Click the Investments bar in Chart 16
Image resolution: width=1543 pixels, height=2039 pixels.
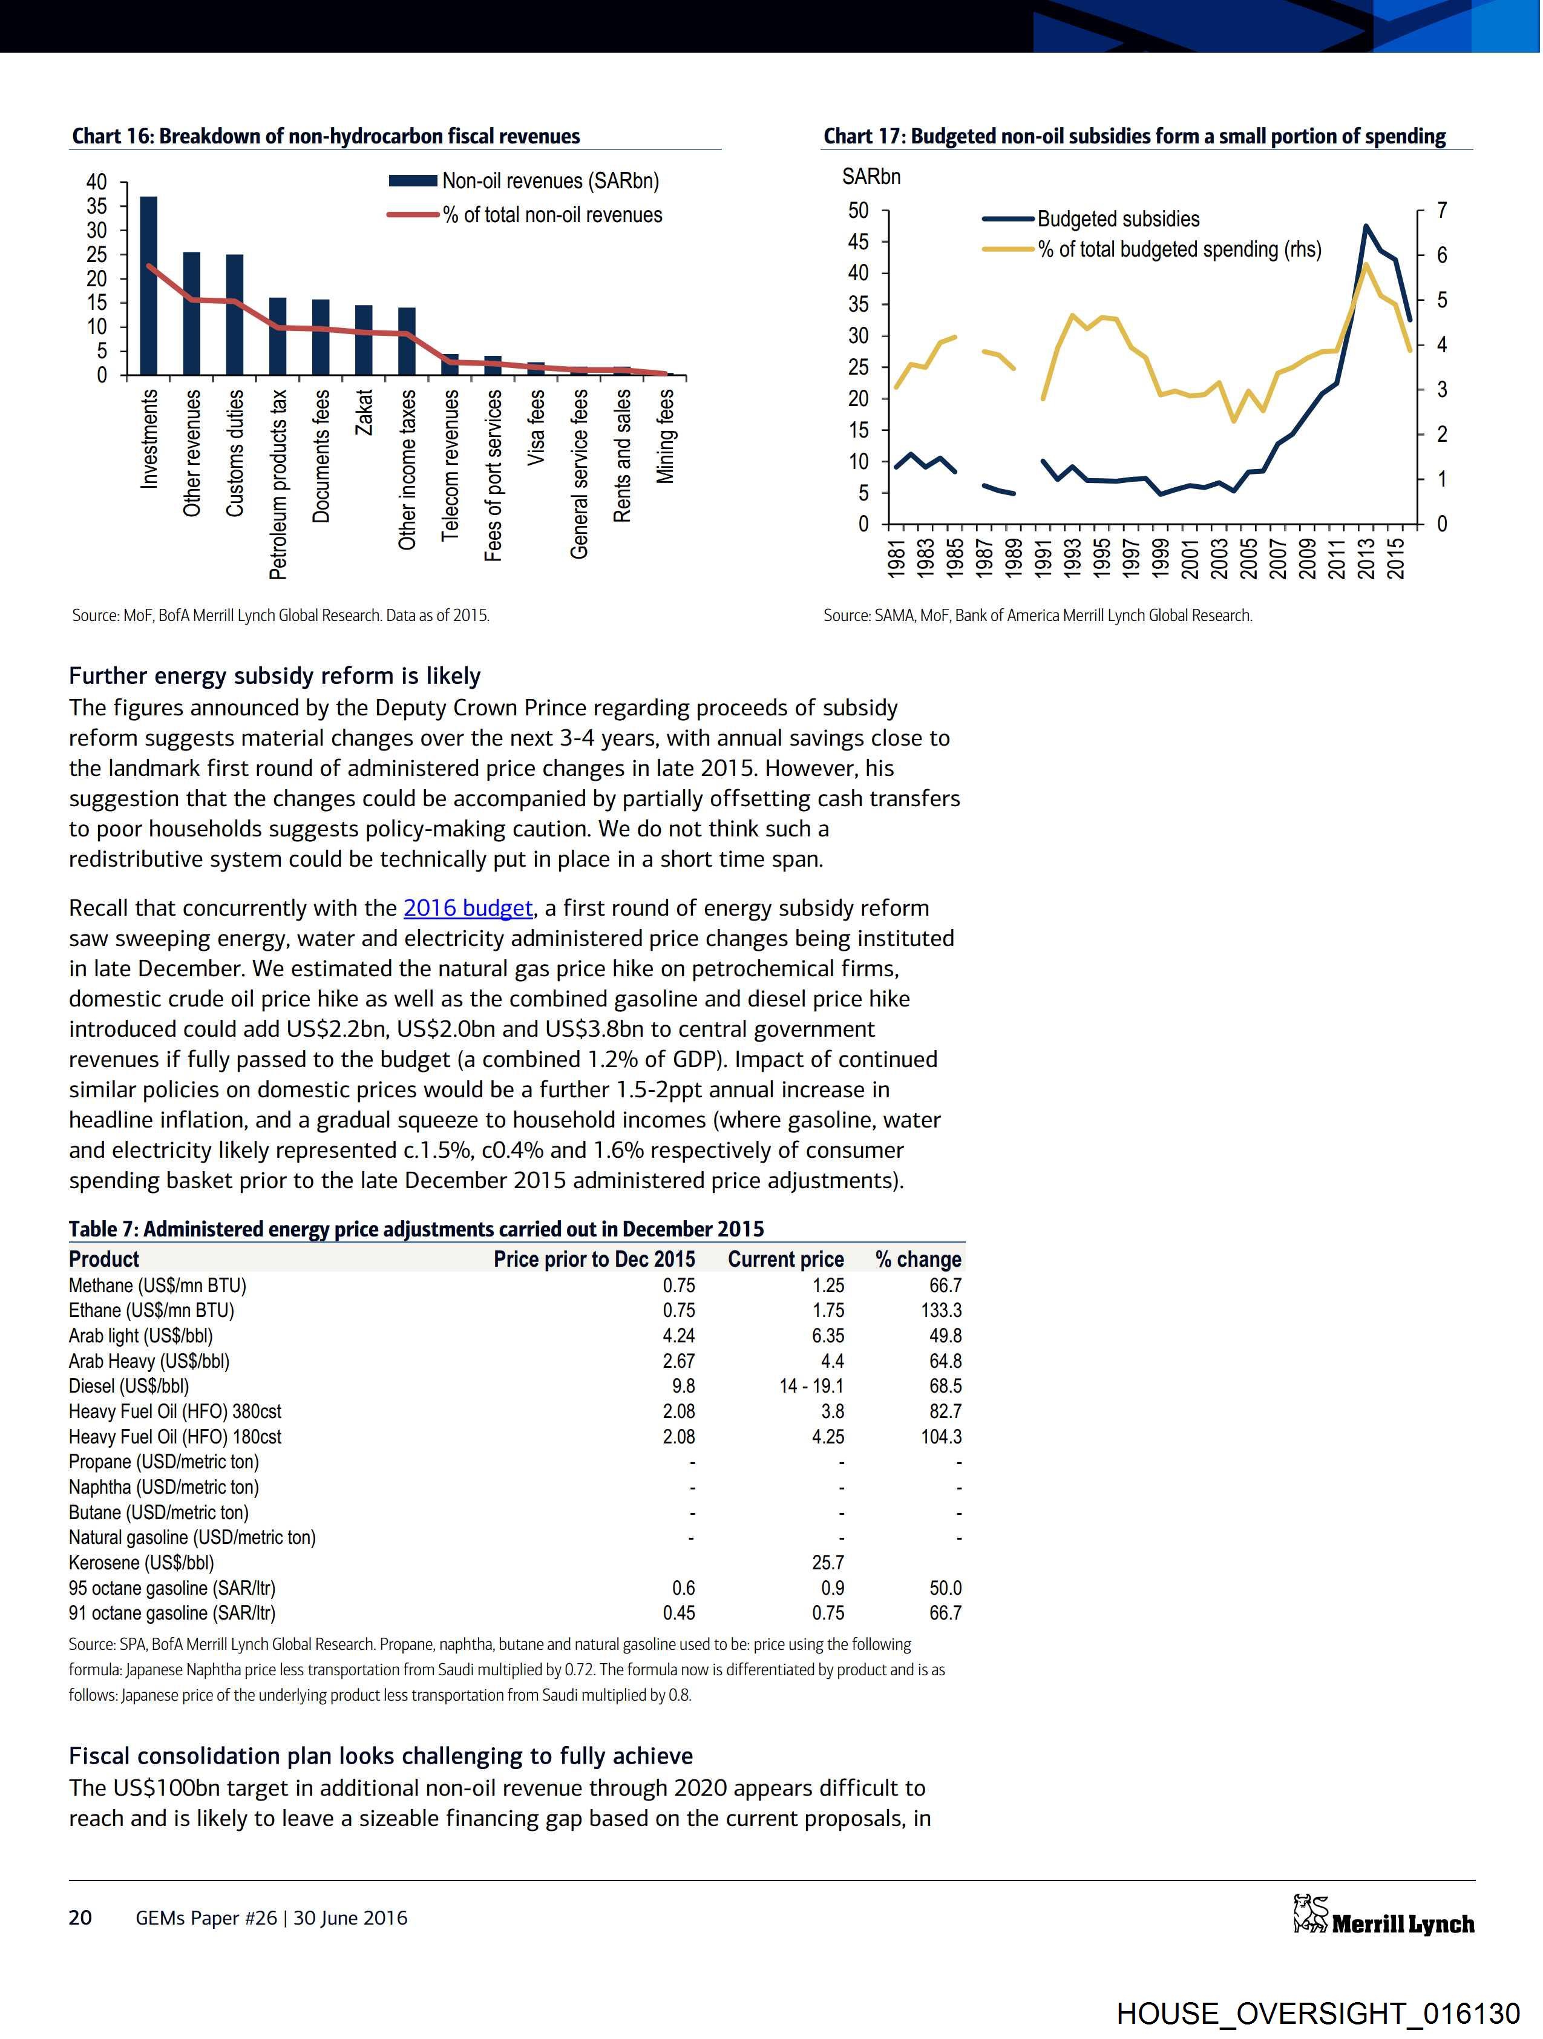tap(148, 286)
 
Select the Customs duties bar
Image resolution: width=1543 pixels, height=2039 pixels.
tap(235, 314)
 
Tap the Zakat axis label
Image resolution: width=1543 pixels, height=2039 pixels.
tap(364, 413)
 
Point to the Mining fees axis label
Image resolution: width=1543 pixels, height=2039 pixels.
tap(666, 436)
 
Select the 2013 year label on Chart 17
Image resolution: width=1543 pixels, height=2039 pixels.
tap(1366, 557)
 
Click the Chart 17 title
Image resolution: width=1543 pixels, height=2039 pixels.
tap(1134, 136)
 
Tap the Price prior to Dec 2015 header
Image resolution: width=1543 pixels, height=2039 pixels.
tap(595, 1259)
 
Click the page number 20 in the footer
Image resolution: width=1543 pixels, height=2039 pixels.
tap(80, 1918)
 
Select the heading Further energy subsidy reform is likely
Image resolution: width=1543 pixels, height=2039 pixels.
tap(275, 675)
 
